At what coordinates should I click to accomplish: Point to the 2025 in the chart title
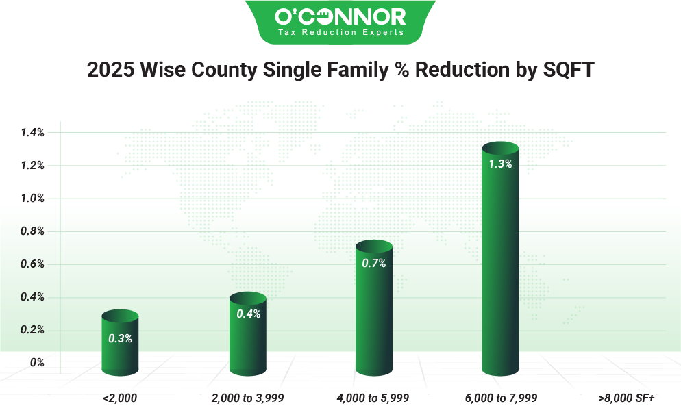[x=111, y=71]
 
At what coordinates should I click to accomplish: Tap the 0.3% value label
[x=120, y=338]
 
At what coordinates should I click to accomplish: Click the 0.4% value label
[x=248, y=314]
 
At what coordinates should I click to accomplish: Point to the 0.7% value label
[x=374, y=263]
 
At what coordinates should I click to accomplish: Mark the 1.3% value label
[x=500, y=164]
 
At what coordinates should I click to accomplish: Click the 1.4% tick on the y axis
[x=32, y=133]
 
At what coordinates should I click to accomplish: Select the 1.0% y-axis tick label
[x=32, y=199]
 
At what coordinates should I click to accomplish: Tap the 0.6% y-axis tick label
[x=32, y=264]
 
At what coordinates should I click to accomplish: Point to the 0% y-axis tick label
[x=37, y=363]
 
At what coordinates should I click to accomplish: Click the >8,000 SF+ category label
[x=626, y=398]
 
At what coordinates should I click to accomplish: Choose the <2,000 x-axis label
[x=120, y=398]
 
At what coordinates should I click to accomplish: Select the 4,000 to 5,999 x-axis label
[x=373, y=398]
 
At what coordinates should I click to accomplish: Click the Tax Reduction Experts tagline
[x=340, y=32]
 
